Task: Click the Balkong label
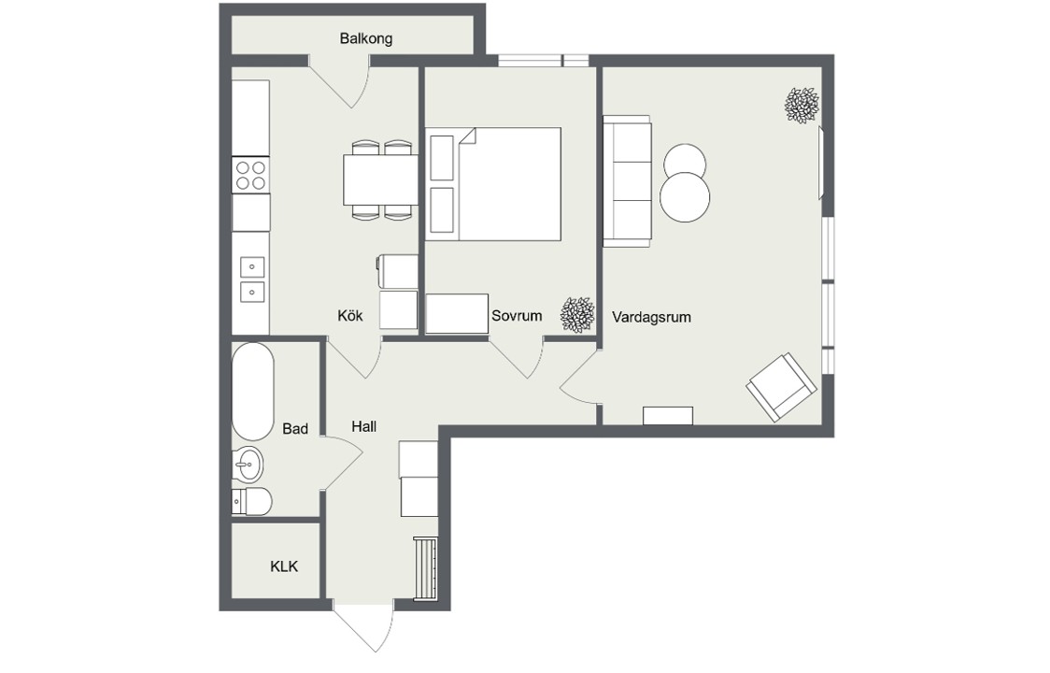pos(365,38)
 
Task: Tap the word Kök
pos(350,315)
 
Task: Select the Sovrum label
pos(517,315)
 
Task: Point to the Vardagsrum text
pos(651,317)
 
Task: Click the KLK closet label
pos(284,566)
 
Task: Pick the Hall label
pos(363,426)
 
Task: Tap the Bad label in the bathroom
pos(294,428)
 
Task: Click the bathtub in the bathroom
pos(252,393)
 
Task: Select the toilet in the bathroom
pos(252,501)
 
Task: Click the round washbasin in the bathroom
pos(248,464)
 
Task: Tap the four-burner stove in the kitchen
pos(250,175)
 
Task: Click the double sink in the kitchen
pos(252,279)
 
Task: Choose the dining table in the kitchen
pos(380,179)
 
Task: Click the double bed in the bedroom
pos(493,183)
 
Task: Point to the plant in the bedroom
pos(577,315)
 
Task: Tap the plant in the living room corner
pos(802,106)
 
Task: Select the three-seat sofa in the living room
pos(627,181)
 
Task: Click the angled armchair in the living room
pos(782,388)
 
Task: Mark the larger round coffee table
pos(685,197)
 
